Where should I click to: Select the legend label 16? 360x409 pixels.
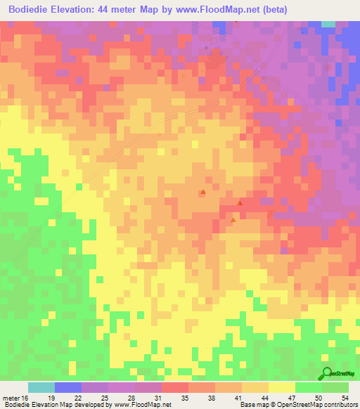pyautogui.click(x=27, y=398)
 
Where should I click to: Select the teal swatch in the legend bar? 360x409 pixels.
pyautogui.click(x=41, y=387)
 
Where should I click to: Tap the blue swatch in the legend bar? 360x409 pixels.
pyautogui.click(x=67, y=387)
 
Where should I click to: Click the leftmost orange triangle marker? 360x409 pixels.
pyautogui.click(x=203, y=192)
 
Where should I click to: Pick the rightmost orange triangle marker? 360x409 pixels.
pyautogui.click(x=240, y=203)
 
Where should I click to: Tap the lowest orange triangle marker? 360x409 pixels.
pyautogui.click(x=233, y=220)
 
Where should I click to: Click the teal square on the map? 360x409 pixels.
pyautogui.click(x=328, y=24)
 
